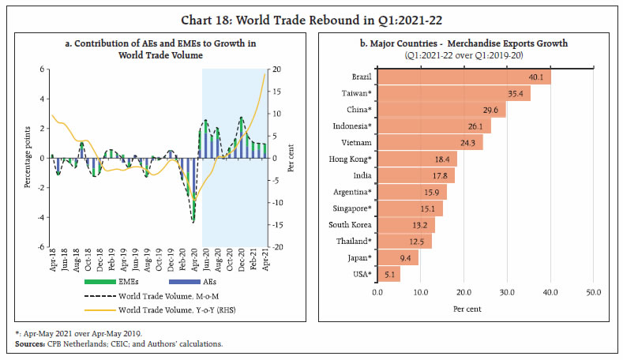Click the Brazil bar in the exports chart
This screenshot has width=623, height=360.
463,77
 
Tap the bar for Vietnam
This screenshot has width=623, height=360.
430,142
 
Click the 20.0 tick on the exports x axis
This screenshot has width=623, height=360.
463,293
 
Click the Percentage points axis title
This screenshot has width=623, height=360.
29,159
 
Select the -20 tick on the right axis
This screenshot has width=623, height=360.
279,247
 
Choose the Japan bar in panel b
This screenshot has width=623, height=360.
398,257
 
